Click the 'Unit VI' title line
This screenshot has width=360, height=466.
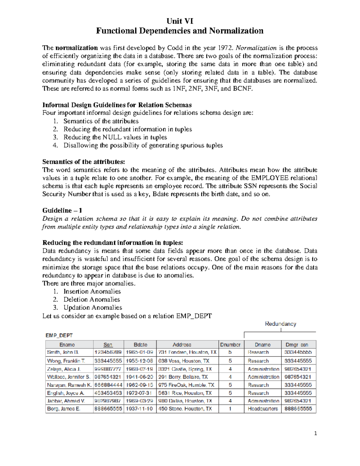180,21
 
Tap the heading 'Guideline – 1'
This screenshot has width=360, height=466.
62,210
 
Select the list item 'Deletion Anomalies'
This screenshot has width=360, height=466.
91,299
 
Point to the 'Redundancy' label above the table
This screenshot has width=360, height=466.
280,324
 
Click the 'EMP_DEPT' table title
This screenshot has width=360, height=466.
59,335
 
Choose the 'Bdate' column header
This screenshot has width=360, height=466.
140,345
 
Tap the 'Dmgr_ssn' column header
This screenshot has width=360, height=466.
298,345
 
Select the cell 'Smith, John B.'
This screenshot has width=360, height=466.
63,352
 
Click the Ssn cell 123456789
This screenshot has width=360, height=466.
108,352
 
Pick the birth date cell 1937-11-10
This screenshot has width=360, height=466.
139,409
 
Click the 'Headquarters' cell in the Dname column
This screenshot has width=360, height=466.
263,409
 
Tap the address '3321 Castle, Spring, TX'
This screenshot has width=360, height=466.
185,369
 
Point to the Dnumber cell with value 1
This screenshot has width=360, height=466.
230,409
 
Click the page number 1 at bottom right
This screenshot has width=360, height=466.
315,433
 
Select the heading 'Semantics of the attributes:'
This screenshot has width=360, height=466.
83,162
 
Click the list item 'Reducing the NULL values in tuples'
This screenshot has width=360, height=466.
115,137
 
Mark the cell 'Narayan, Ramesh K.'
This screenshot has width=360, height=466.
69,385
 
